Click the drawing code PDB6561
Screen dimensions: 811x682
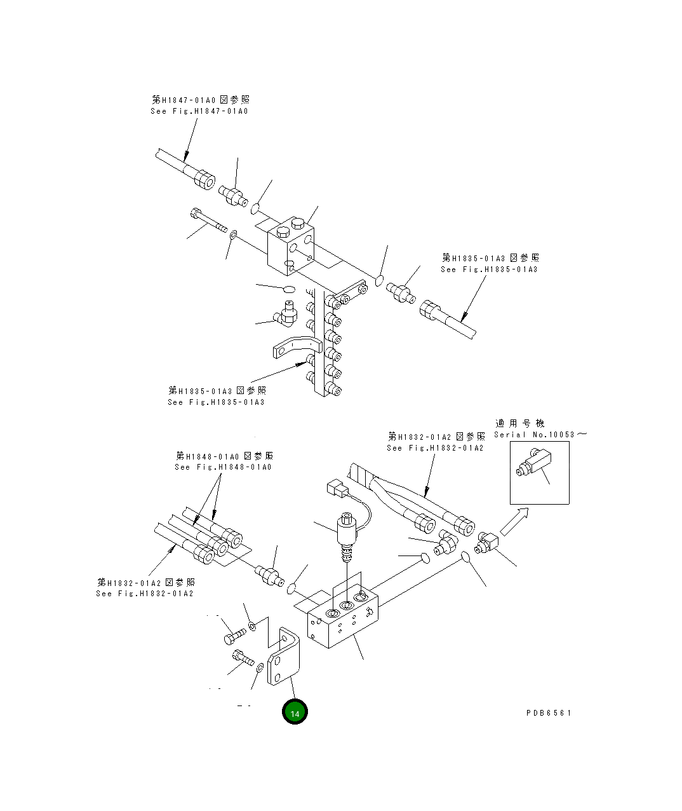[x=549, y=713]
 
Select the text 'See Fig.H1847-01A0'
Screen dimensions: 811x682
[x=199, y=111]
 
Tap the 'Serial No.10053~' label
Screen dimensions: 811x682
[x=540, y=435]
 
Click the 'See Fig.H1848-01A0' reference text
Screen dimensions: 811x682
[x=223, y=467]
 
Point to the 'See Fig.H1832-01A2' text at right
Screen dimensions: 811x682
[x=436, y=448]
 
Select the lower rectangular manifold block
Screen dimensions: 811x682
[x=343, y=620]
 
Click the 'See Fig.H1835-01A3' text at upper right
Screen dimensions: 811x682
[x=489, y=269]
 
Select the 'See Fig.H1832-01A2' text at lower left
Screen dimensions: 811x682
[x=145, y=594]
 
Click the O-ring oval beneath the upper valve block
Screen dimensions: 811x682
[x=289, y=290]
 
